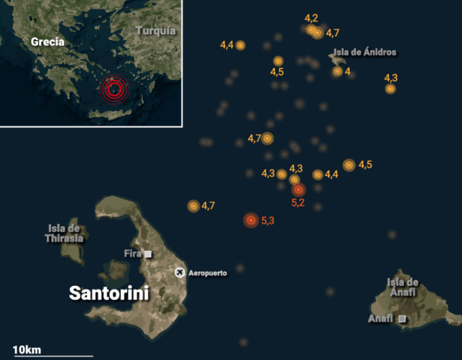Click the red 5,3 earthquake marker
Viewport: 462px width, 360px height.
[x=250, y=221]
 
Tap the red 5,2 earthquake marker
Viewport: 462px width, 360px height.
[x=298, y=190]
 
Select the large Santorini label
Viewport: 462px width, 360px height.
[x=109, y=293]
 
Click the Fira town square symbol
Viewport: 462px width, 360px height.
[x=148, y=254]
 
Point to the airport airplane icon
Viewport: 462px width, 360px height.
[x=180, y=272]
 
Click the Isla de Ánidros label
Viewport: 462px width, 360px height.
[x=365, y=52]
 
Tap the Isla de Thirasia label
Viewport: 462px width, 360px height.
[x=64, y=233]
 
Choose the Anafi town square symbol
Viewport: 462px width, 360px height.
[x=402, y=319]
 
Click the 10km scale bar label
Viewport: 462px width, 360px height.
[x=26, y=349]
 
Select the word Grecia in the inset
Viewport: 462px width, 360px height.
[x=48, y=42]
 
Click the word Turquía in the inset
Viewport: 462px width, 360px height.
[x=156, y=30]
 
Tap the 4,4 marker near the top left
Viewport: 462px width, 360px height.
[x=240, y=45]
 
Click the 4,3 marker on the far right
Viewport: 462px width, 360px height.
[x=391, y=89]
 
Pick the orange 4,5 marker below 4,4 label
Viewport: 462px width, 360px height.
[x=278, y=61]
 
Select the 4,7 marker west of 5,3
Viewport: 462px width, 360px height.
[x=193, y=206]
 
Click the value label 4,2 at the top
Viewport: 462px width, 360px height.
[x=312, y=18]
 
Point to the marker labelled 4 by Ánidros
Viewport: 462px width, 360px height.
[x=337, y=71]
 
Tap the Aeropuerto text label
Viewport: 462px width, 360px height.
[x=208, y=273]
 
